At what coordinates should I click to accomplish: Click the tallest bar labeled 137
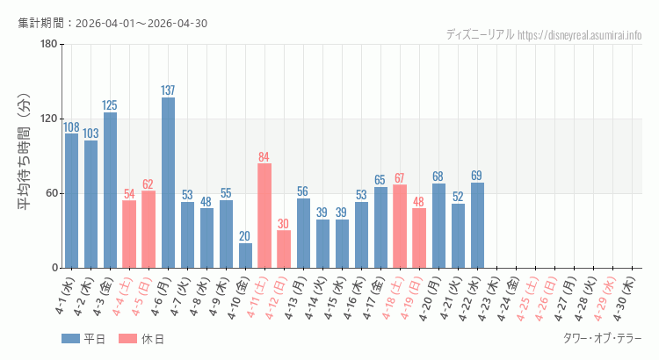pos(168,183)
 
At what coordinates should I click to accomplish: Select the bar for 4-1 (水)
pos(71,200)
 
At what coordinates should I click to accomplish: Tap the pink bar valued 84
pos(264,215)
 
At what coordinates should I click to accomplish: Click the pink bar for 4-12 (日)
pos(284,249)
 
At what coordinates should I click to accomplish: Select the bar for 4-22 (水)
pos(477,225)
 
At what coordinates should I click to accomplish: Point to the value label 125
pos(110,106)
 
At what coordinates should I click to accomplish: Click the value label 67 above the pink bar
pos(400,179)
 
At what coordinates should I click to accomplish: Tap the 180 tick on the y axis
pos(48,45)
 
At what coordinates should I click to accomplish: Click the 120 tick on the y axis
pos(48,119)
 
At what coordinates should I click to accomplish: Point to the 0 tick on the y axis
pos(54,268)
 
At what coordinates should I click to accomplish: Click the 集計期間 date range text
pos(112,23)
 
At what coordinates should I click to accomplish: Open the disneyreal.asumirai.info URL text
pos(579,35)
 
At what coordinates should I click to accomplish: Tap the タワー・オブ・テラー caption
pos(602,339)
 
